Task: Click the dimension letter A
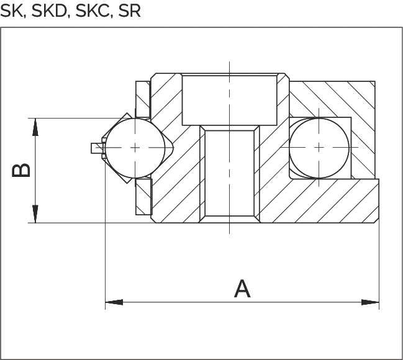coord(242,289)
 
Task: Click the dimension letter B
coord(21,170)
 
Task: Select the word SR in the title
coord(130,11)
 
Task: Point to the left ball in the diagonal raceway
coord(135,148)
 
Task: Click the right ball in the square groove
coord(319,148)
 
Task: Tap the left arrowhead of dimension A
coord(114,302)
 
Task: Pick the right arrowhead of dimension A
coord(370,302)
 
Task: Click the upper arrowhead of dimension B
coord(35,127)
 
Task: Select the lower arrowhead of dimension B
coord(35,214)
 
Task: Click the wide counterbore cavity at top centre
coord(230,100)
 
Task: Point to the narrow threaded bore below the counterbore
coord(230,173)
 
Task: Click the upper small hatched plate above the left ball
coord(143,99)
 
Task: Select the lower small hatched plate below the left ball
coord(144,197)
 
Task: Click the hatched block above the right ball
coord(332,99)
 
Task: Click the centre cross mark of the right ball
coord(319,148)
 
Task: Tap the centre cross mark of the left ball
coord(135,148)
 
